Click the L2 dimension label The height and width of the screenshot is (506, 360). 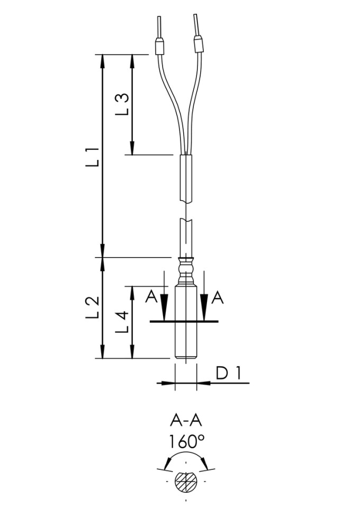[x=93, y=307]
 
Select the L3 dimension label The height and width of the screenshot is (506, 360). [x=122, y=104]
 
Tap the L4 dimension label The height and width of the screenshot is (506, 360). [x=122, y=322]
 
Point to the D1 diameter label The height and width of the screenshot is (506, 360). [x=228, y=374]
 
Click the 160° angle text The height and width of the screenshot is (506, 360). [x=186, y=441]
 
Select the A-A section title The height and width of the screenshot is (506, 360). [x=186, y=421]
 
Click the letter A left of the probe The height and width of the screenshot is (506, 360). [x=152, y=298]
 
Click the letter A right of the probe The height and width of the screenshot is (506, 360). [x=218, y=298]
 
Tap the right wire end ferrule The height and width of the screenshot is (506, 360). [x=199, y=45]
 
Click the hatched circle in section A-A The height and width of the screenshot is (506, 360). [x=186, y=482]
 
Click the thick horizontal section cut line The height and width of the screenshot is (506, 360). [x=184, y=322]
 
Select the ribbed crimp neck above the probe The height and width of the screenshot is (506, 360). [x=185, y=270]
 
